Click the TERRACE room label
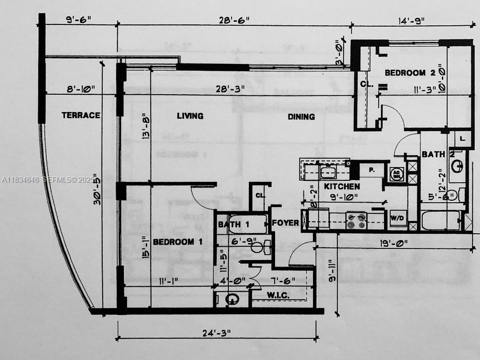click(x=81, y=115)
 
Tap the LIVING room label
click(x=190, y=116)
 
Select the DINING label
click(x=301, y=116)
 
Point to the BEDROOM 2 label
click(x=405, y=73)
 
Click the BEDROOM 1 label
click(x=178, y=242)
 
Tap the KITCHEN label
click(x=342, y=186)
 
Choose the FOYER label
click(x=285, y=223)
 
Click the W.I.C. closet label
click(x=279, y=295)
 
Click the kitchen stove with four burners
click(x=356, y=221)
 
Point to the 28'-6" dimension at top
click(x=234, y=20)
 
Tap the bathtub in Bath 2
click(x=440, y=221)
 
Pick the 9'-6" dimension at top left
click(x=78, y=20)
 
